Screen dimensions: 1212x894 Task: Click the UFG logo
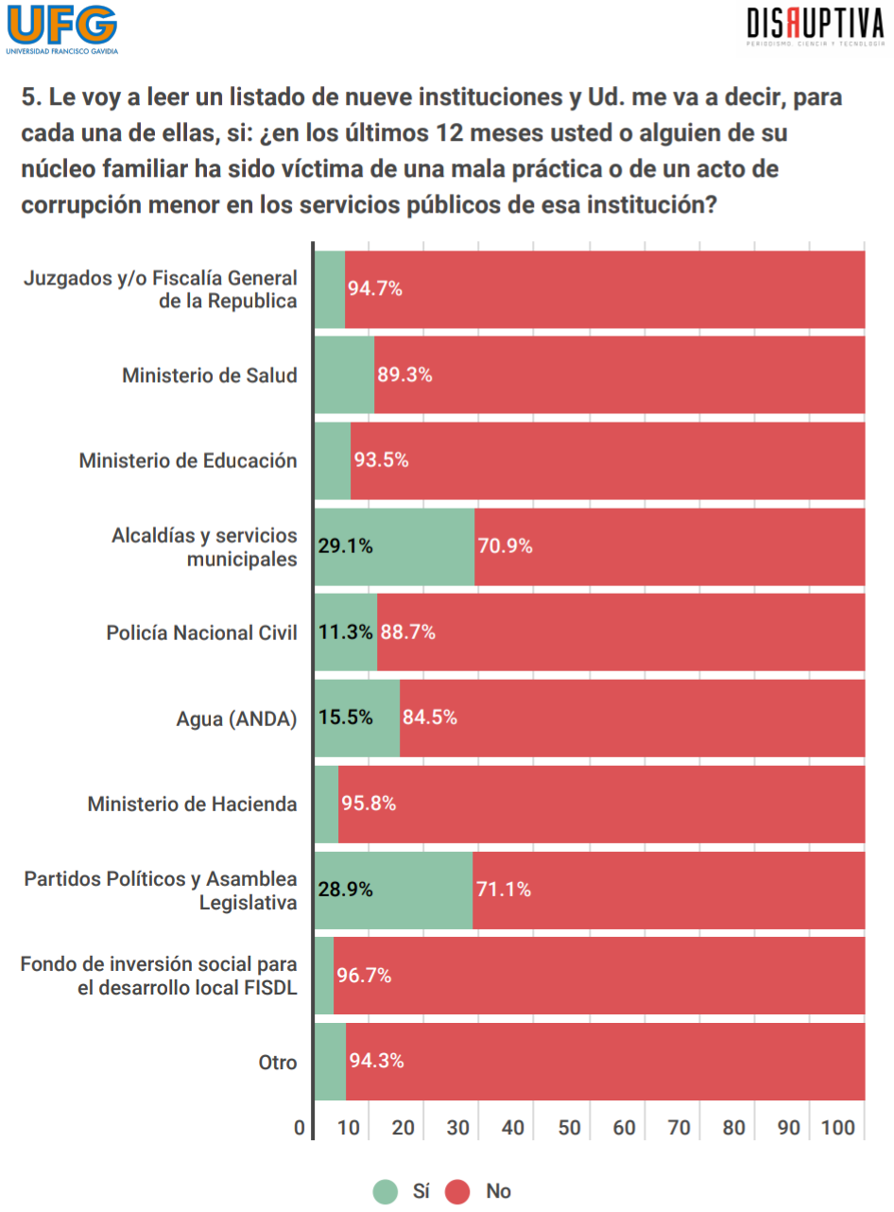coord(61,29)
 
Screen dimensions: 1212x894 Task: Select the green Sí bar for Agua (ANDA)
coord(356,719)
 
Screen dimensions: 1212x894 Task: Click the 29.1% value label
coord(345,546)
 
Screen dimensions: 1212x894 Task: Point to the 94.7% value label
coord(375,289)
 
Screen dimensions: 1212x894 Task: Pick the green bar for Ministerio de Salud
coord(344,375)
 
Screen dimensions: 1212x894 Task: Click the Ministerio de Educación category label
coord(188,461)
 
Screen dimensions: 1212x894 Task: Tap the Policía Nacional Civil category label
coord(201,632)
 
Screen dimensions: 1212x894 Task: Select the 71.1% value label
coord(503,890)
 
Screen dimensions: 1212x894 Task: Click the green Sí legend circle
coord(385,1191)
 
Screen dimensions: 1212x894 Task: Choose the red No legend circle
coord(457,1191)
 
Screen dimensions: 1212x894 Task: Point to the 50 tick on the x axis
coord(568,1129)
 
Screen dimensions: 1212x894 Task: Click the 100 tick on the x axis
coord(838,1129)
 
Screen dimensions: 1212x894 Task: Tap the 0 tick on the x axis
coord(300,1129)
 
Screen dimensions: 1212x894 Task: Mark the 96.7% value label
coord(364,976)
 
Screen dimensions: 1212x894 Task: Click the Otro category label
coord(278,1063)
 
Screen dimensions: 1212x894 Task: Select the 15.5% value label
coord(345,719)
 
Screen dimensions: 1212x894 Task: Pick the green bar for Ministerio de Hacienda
coord(326,805)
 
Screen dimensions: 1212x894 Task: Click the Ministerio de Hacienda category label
coord(192,805)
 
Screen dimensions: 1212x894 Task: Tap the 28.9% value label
coord(345,890)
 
